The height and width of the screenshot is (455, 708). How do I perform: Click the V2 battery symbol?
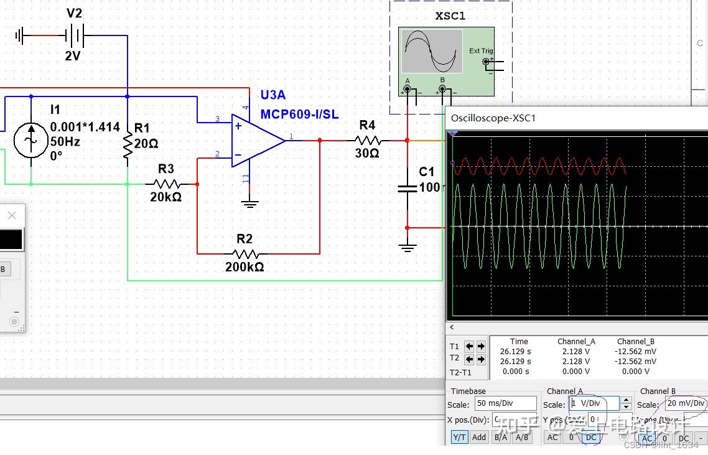pyautogui.click(x=75, y=35)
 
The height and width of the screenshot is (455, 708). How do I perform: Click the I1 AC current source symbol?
pyautogui.click(x=31, y=141)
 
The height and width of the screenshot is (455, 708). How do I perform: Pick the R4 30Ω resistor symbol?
pyautogui.click(x=367, y=141)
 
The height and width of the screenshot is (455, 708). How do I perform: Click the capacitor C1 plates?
pyautogui.click(x=408, y=188)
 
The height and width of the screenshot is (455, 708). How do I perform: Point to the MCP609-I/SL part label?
pyautogui.click(x=299, y=114)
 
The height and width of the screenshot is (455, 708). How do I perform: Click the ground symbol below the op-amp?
pyautogui.click(x=249, y=203)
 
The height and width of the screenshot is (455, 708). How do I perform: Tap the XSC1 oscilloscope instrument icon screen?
pyautogui.click(x=431, y=51)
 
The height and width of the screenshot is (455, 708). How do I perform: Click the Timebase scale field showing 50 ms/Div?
pyautogui.click(x=505, y=403)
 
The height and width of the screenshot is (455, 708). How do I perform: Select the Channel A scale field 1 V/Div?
pyautogui.click(x=594, y=403)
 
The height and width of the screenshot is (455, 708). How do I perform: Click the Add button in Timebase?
pyautogui.click(x=479, y=438)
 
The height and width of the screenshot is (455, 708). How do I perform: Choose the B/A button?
pyautogui.click(x=500, y=438)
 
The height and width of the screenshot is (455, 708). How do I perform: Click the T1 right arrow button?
pyautogui.click(x=482, y=346)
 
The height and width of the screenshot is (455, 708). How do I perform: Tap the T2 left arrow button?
pyautogui.click(x=470, y=359)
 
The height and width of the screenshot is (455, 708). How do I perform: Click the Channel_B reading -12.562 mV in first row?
pyautogui.click(x=635, y=351)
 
